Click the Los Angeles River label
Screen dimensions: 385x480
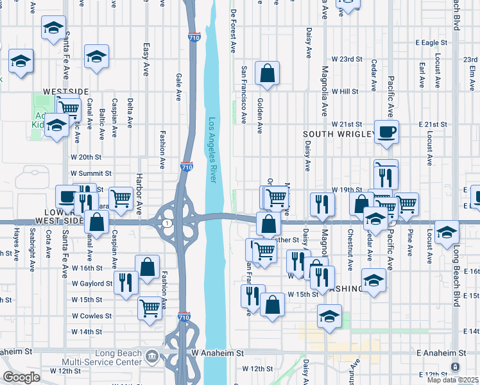211,150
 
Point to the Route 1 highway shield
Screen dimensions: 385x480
167,223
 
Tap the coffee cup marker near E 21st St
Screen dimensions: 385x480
386,132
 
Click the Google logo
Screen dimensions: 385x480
21,377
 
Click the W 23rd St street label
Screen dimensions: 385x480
347,59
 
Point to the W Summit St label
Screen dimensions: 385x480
91,173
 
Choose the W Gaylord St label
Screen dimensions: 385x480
92,283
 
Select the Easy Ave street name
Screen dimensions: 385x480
146,58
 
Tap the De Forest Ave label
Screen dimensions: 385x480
234,30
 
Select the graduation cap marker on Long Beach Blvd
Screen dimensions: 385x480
446,232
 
